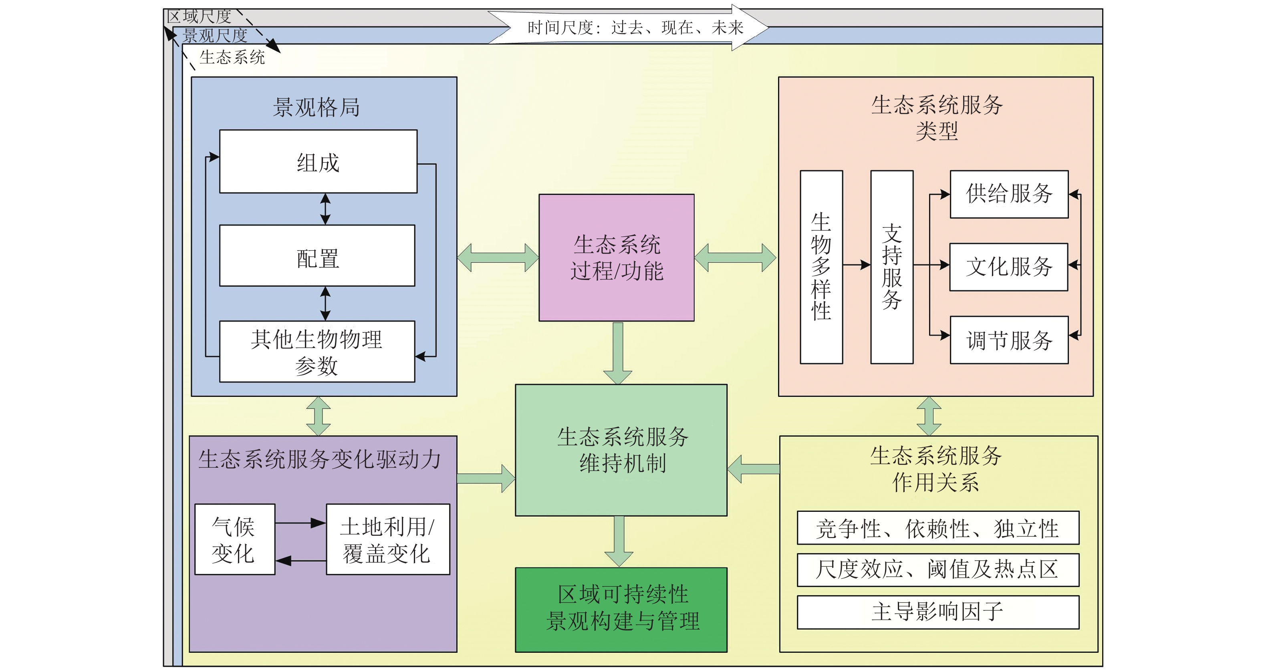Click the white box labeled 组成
318,162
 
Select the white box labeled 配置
317,256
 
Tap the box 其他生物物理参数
317,352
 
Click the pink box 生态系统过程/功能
616,258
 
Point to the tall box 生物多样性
821,267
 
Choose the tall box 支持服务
892,267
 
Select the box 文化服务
1008,267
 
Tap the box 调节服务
1009,340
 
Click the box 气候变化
235,539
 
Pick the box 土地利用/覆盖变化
387,539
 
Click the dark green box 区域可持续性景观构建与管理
621,609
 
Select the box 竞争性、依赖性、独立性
937,528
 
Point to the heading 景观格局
317,107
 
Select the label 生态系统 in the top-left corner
232,57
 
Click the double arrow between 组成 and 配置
325,209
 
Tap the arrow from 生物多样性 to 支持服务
857,265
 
